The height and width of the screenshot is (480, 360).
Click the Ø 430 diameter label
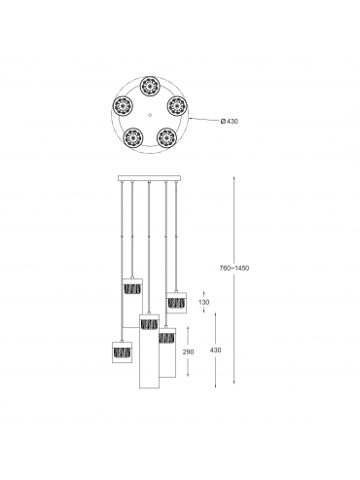[x=229, y=122]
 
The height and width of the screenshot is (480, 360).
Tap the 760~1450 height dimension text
[x=234, y=269]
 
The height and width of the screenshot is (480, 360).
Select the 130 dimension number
[x=204, y=302]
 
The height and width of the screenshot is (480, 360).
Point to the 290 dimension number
[x=188, y=351]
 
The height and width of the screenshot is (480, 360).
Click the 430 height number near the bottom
[x=216, y=351]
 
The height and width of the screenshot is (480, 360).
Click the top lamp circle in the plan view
[x=149, y=86]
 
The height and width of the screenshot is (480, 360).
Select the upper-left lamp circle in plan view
[x=123, y=105]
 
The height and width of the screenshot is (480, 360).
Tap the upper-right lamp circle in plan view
[x=177, y=105]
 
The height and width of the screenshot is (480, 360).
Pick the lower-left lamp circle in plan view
[x=133, y=137]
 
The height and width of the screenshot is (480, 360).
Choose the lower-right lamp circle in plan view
[x=165, y=137]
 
